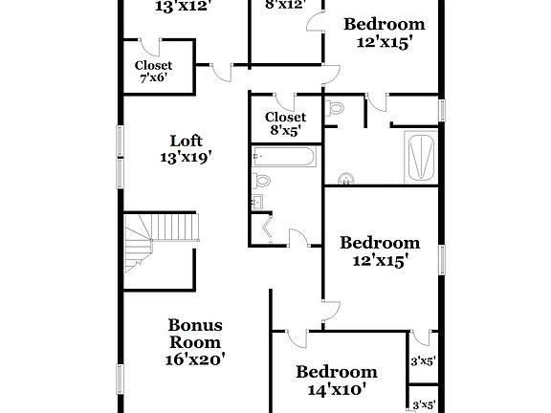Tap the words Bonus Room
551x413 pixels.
(195, 334)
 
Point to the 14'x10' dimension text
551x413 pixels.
(335, 390)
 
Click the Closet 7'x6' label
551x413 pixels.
(153, 72)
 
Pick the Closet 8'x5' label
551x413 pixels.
(286, 123)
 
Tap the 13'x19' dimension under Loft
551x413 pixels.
(186, 158)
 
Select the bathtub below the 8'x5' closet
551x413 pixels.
(285, 156)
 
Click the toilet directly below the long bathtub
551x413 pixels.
(262, 181)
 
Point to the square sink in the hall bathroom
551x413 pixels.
(259, 202)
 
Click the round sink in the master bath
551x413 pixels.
(345, 178)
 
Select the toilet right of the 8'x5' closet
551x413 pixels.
(334, 110)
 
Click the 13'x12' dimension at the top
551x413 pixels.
(181, 5)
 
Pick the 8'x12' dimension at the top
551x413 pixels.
(284, 5)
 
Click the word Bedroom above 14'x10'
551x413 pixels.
(335, 372)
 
